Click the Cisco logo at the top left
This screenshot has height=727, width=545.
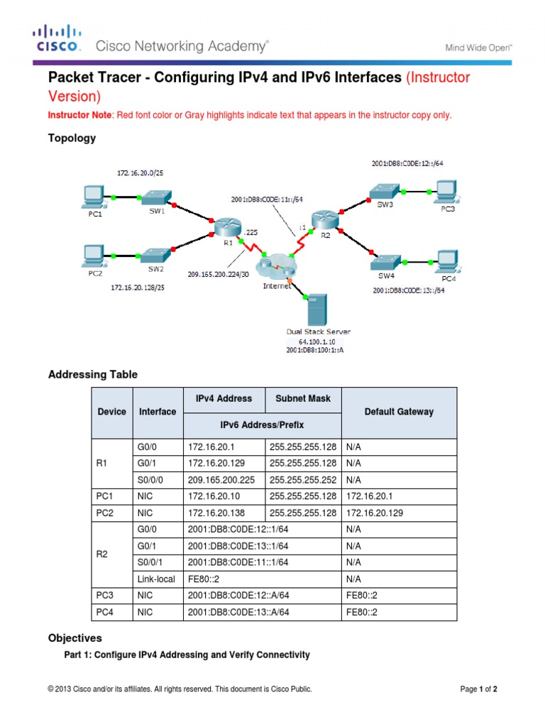point(59,39)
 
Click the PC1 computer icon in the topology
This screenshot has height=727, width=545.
point(93,194)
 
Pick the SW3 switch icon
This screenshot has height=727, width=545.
point(385,190)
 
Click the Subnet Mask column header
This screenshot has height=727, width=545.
point(302,399)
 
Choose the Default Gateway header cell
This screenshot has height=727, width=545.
point(399,412)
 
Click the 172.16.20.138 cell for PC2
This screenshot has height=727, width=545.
point(223,512)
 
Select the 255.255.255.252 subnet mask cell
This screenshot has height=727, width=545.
point(303,479)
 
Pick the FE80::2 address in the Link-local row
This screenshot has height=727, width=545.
point(203,579)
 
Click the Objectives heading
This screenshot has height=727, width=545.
point(75,638)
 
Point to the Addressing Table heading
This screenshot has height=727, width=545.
point(92,374)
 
